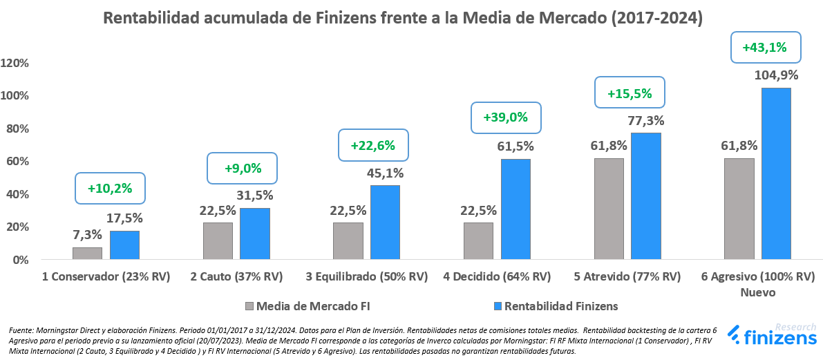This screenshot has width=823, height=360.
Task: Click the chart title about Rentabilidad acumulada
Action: click(x=402, y=19)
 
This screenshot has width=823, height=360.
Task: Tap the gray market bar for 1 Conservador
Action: click(x=87, y=254)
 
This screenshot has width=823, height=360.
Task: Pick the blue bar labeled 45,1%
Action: click(x=385, y=222)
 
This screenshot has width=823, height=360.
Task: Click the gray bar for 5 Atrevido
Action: click(x=608, y=209)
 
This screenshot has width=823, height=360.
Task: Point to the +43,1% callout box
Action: click(x=765, y=48)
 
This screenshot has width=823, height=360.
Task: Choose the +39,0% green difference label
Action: click(x=505, y=117)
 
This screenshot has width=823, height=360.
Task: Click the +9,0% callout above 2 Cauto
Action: click(x=242, y=168)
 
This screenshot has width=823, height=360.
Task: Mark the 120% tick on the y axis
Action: click(x=15, y=63)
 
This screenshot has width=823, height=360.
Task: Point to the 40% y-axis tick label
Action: click(x=18, y=194)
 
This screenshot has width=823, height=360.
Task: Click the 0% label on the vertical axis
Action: click(x=21, y=260)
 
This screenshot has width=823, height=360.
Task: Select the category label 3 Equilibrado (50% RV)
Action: click(x=367, y=277)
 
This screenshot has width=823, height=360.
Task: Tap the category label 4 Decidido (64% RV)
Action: click(x=497, y=277)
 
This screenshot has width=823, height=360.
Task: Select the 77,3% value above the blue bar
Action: click(x=646, y=121)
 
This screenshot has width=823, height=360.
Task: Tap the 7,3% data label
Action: click(x=88, y=235)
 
